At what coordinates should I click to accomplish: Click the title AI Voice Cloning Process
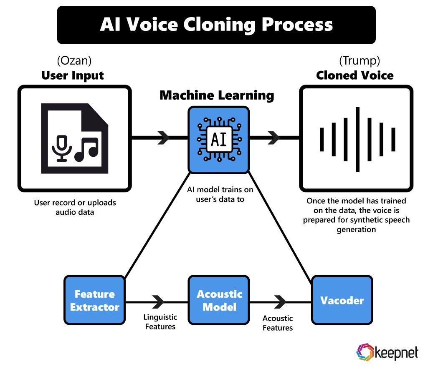[x=216, y=25]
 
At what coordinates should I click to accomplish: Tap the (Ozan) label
[x=74, y=61]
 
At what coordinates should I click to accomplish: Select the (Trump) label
[x=359, y=61]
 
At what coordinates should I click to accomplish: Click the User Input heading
[x=73, y=75]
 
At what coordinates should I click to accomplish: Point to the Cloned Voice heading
[x=355, y=75]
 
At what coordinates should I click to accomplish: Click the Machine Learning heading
[x=217, y=95]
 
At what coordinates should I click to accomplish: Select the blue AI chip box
[x=219, y=139]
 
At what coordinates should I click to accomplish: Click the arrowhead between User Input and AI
[x=163, y=138]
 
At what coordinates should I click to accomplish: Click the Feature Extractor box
[x=95, y=300]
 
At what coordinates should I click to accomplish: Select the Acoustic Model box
[x=219, y=300]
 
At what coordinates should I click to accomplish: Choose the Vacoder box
[x=342, y=300]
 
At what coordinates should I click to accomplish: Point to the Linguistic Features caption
[x=160, y=322]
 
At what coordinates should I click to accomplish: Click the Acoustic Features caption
[x=278, y=323]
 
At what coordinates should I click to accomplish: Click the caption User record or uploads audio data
[x=75, y=207]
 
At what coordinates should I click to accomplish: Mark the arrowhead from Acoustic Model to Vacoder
[x=280, y=300]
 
